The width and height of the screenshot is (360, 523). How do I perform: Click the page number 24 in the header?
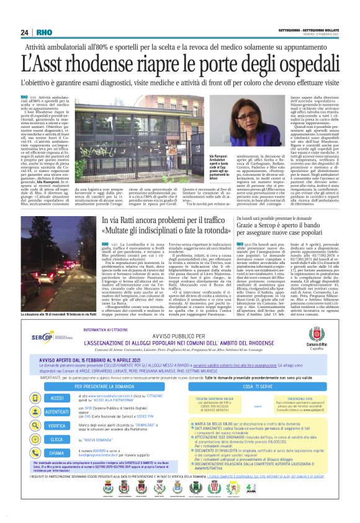pyautogui.click(x=25, y=32)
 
